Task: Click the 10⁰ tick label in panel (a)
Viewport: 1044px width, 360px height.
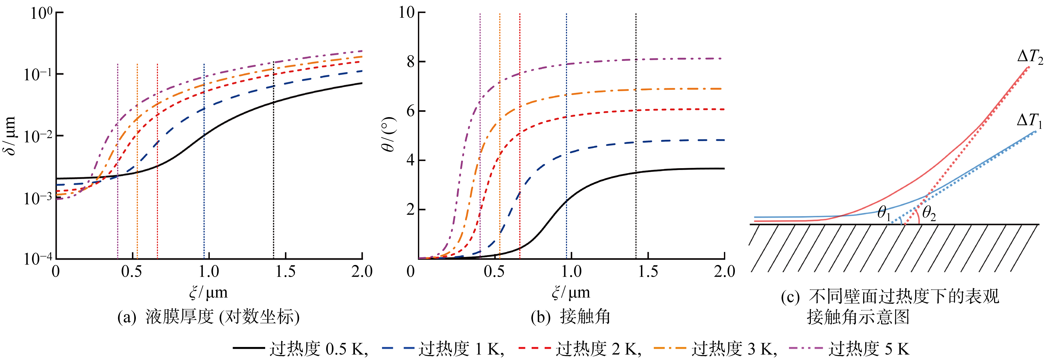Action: (x=41, y=13)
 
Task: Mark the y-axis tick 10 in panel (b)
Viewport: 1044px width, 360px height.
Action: (x=406, y=12)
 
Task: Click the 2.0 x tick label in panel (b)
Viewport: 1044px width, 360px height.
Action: (x=724, y=271)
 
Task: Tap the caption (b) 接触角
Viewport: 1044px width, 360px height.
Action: (x=570, y=317)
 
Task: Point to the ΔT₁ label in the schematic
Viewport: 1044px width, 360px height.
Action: (x=1029, y=121)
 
